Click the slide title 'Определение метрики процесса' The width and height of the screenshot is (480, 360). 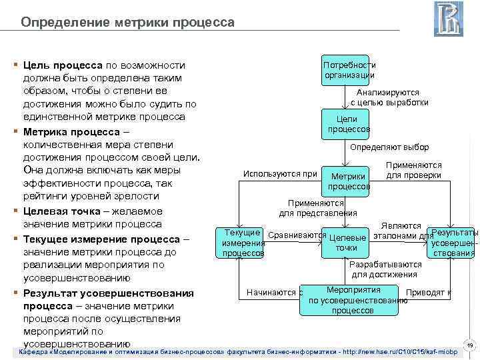pos(127,23)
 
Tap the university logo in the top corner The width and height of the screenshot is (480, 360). pos(448,19)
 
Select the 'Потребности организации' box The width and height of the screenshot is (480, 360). pos(345,70)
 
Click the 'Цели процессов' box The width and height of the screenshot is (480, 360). pos(345,123)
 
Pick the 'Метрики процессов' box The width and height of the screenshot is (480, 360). pos(345,181)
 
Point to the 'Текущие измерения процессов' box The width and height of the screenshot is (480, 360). pos(243,243)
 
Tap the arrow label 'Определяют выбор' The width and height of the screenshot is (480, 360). pos(389,147)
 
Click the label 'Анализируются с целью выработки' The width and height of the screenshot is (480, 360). pos(389,97)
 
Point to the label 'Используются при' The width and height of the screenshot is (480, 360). pos(280,175)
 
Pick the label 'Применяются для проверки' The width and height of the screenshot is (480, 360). pos(413,170)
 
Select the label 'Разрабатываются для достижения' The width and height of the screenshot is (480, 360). pos(384,269)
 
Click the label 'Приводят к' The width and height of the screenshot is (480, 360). pos(429,292)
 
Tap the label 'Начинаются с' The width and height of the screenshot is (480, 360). pos(274,292)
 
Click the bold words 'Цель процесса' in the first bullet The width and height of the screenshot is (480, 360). pos(62,65)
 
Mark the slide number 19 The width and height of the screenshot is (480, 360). pos(469,345)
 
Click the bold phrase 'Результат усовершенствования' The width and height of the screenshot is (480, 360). pos(108,293)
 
